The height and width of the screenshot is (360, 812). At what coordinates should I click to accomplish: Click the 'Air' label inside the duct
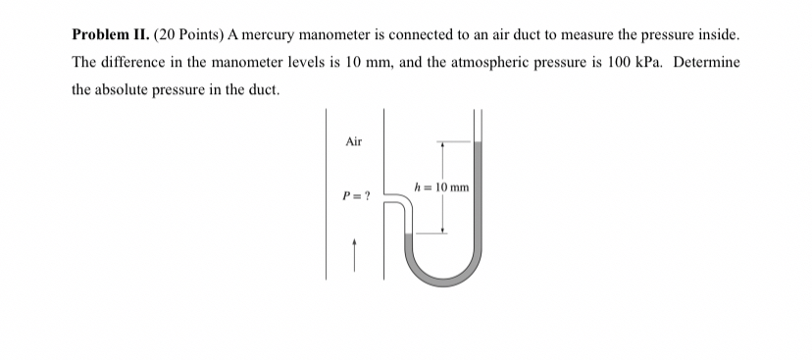(x=354, y=142)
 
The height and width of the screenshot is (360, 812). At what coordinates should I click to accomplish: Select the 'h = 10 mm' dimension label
(x=442, y=187)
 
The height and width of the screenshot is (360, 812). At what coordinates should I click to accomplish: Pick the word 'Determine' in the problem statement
(x=695, y=62)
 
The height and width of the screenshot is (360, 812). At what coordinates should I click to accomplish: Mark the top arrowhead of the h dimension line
(x=442, y=145)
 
